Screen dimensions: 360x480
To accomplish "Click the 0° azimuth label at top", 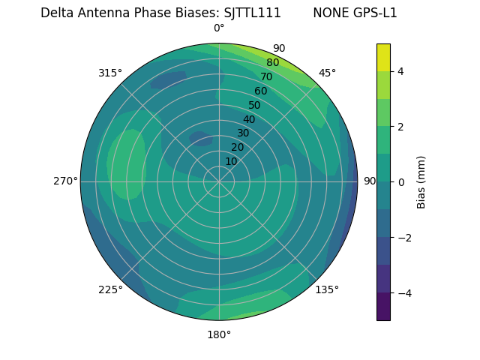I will [219, 28].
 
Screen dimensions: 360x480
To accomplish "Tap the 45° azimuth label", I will [327, 73].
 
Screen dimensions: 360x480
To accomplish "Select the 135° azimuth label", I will [327, 289].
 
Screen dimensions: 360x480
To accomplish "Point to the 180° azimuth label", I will [219, 334].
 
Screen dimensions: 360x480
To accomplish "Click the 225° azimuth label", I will [110, 289].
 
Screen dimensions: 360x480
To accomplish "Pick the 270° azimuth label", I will [65, 181].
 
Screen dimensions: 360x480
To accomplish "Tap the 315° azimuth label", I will [110, 73].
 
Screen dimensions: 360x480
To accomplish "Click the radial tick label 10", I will [231, 161].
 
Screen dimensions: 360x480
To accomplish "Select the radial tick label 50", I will [254, 106].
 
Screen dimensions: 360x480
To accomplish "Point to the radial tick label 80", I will [272, 63].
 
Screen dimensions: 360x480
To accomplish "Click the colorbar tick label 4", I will [401, 71].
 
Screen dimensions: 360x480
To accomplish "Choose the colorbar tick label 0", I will [401, 182].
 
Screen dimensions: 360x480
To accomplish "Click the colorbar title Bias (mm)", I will [421, 182].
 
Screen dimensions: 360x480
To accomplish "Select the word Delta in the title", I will [57, 13].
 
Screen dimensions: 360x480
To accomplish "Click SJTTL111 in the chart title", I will [253, 13].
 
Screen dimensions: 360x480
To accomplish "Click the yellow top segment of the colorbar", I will [383, 57].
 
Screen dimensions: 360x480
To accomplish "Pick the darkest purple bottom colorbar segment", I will [383, 307].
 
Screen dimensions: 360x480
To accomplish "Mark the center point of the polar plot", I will [219, 181].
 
